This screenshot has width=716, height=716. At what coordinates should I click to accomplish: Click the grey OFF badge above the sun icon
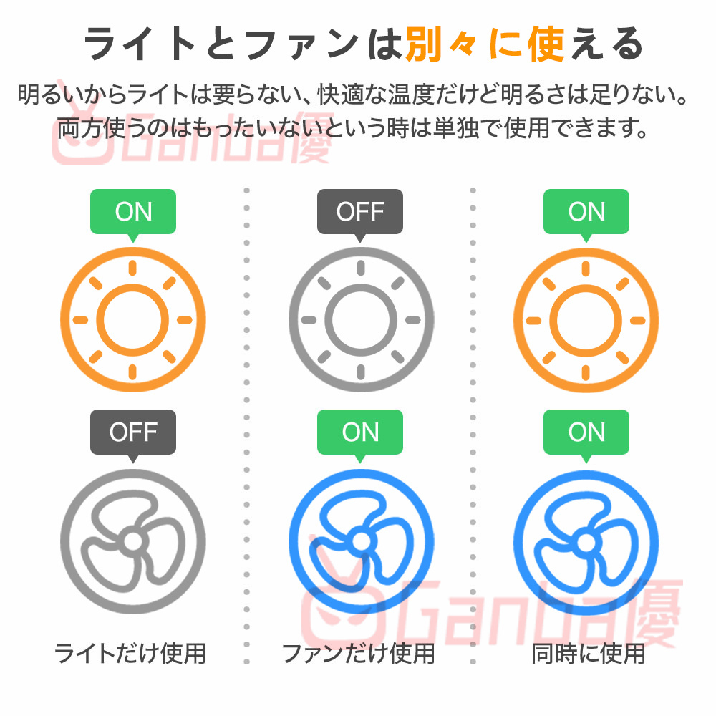(x=360, y=211)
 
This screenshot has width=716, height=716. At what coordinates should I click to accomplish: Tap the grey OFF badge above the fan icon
(x=133, y=432)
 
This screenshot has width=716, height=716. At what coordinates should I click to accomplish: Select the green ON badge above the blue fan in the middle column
(x=360, y=432)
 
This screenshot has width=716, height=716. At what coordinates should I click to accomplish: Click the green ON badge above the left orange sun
(x=133, y=211)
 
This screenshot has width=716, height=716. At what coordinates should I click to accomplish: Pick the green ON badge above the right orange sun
(x=586, y=211)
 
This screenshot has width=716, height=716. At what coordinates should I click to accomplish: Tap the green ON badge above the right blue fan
(x=586, y=432)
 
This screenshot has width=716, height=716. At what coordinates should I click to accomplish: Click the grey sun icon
(x=361, y=319)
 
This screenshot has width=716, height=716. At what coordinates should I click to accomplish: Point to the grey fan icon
(x=133, y=539)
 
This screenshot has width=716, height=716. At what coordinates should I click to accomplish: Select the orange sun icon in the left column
(x=133, y=319)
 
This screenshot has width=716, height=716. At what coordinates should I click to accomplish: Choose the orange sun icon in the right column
(x=586, y=319)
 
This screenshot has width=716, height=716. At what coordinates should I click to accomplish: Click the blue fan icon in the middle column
(x=361, y=539)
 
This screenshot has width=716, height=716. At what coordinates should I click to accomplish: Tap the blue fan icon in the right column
(x=586, y=539)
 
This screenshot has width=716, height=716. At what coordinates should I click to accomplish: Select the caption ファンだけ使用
(x=358, y=653)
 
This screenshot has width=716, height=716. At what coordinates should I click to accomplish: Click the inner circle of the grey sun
(x=361, y=319)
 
